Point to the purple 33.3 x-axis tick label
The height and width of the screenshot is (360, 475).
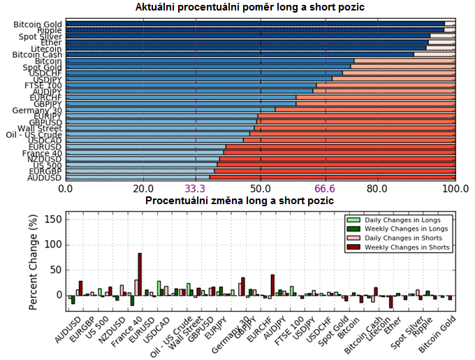click(195, 189)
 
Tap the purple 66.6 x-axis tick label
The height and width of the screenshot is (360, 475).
click(326, 189)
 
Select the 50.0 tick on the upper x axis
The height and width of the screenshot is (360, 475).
click(261, 189)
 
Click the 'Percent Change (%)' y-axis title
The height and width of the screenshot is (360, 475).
click(34, 262)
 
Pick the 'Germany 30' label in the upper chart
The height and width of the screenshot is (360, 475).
click(39, 110)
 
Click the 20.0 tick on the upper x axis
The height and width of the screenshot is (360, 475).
click(143, 189)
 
